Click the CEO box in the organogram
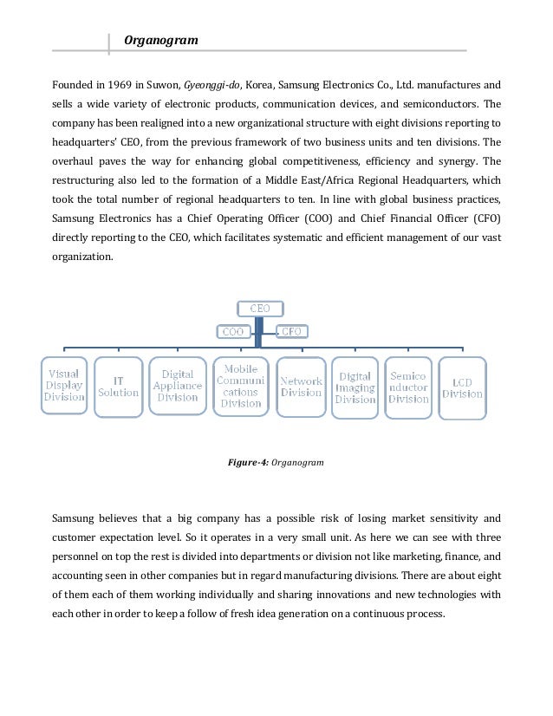click(x=259, y=308)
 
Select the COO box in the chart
click(x=233, y=330)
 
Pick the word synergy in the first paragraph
click(x=452, y=161)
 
